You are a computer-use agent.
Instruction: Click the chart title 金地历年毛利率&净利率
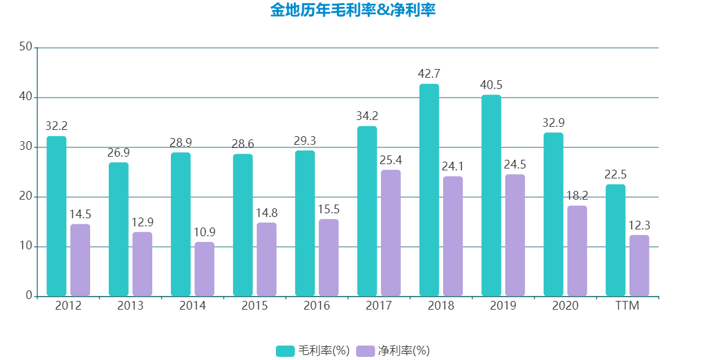(352, 11)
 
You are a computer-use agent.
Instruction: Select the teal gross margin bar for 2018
(429, 190)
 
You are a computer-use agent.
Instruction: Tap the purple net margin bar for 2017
(391, 233)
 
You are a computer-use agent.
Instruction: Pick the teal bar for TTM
(615, 240)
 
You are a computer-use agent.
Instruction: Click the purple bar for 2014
(204, 269)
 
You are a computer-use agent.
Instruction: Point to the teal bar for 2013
(118, 229)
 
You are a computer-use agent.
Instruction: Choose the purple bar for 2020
(577, 251)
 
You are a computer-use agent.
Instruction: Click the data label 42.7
(429, 74)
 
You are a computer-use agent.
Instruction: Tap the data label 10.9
(204, 233)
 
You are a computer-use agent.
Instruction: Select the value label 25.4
(391, 160)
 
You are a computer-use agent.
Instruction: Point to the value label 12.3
(640, 226)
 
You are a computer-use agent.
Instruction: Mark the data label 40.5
(491, 85)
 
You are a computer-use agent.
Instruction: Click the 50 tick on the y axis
(25, 47)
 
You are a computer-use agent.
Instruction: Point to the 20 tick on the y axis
(25, 197)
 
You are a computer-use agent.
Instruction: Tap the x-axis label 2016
(317, 306)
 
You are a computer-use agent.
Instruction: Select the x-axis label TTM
(628, 306)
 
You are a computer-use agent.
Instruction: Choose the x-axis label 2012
(68, 306)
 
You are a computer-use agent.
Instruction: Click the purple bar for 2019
(515, 235)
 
